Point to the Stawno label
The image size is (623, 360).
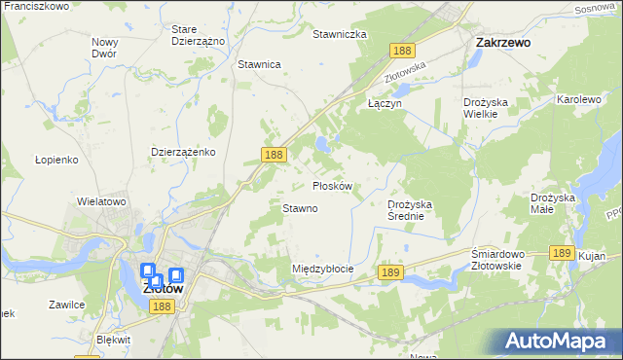[x=300, y=208]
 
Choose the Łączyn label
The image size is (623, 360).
[x=385, y=102]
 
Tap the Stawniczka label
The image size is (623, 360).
[x=339, y=34]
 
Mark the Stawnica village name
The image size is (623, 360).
[x=259, y=64]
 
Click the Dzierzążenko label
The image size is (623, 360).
[x=183, y=153]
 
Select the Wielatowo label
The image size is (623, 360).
[x=102, y=202]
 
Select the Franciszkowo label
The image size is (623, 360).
[x=36, y=7]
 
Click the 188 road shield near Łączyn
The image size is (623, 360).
[x=401, y=51]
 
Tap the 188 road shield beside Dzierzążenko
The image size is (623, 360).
[x=274, y=155]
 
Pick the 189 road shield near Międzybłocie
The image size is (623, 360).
[x=390, y=275]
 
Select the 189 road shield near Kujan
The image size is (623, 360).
[x=560, y=252]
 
